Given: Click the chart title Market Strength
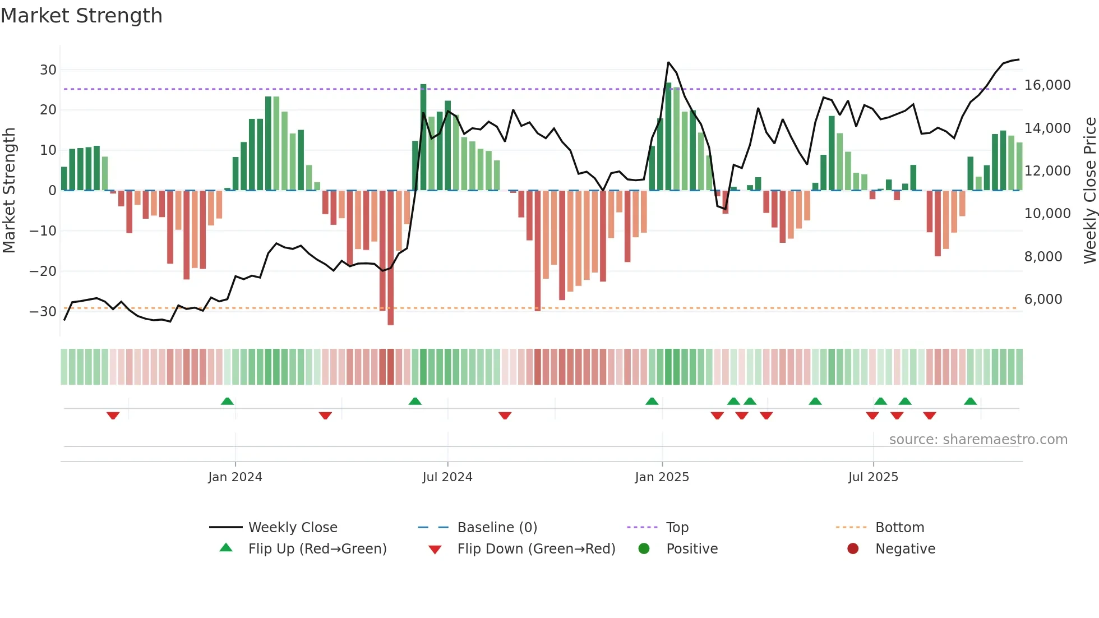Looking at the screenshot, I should pos(81,16).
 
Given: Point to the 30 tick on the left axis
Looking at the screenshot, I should pos(48,70).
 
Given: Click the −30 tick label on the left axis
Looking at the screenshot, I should pos(43,312).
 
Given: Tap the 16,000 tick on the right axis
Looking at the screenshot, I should pos(1047,85).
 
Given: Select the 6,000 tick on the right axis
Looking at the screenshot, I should pos(1043,299).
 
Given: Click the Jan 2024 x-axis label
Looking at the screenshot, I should pos(235,477).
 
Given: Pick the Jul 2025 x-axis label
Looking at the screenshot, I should pos(873,477).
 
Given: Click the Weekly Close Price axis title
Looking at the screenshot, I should pos(1089,191).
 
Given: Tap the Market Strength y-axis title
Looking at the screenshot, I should pos(10,191).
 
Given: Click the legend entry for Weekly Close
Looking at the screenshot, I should pos(292,528).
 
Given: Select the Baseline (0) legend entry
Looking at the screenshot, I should pos(497,528).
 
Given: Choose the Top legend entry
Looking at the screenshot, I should pos(677,528).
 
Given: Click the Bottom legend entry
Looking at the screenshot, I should pos(899,528).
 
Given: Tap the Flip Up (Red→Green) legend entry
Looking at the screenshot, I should pos(317,549).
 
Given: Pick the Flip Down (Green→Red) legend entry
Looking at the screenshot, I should pos(535,549).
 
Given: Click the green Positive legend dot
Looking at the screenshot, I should pos(644,549).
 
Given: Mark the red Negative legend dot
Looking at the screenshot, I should pos(853,549).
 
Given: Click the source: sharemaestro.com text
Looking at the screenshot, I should pos(978,440).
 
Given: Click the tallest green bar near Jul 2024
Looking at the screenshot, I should pos(423,137).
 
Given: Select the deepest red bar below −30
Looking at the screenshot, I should pos(390,258).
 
